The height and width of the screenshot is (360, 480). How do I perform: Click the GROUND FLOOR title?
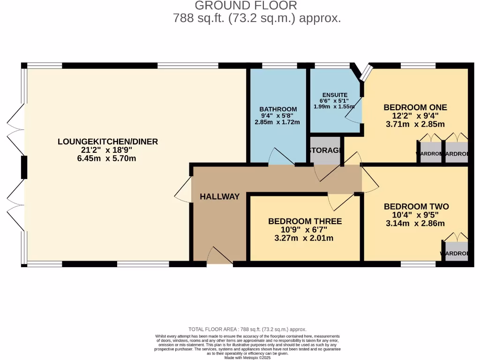246,6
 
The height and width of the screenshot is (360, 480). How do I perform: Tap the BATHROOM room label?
278,109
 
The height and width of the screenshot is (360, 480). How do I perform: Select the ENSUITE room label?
335,95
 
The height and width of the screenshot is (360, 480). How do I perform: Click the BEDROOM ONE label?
415,107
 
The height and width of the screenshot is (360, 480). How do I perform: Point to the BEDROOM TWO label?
416,207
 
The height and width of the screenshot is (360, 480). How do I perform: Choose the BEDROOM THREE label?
305,221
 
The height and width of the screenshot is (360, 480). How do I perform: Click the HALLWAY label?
219,197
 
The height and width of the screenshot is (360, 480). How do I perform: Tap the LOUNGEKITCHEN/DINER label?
108,142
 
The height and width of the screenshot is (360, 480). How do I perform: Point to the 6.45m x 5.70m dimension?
108,158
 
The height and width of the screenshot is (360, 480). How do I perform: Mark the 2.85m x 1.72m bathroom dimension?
277,122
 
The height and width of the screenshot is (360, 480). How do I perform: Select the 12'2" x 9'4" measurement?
415,116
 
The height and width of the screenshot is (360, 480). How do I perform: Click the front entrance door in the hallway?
219,257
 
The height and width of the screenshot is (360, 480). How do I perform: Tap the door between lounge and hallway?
184,190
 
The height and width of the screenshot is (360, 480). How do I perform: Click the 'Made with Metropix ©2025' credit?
247,357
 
